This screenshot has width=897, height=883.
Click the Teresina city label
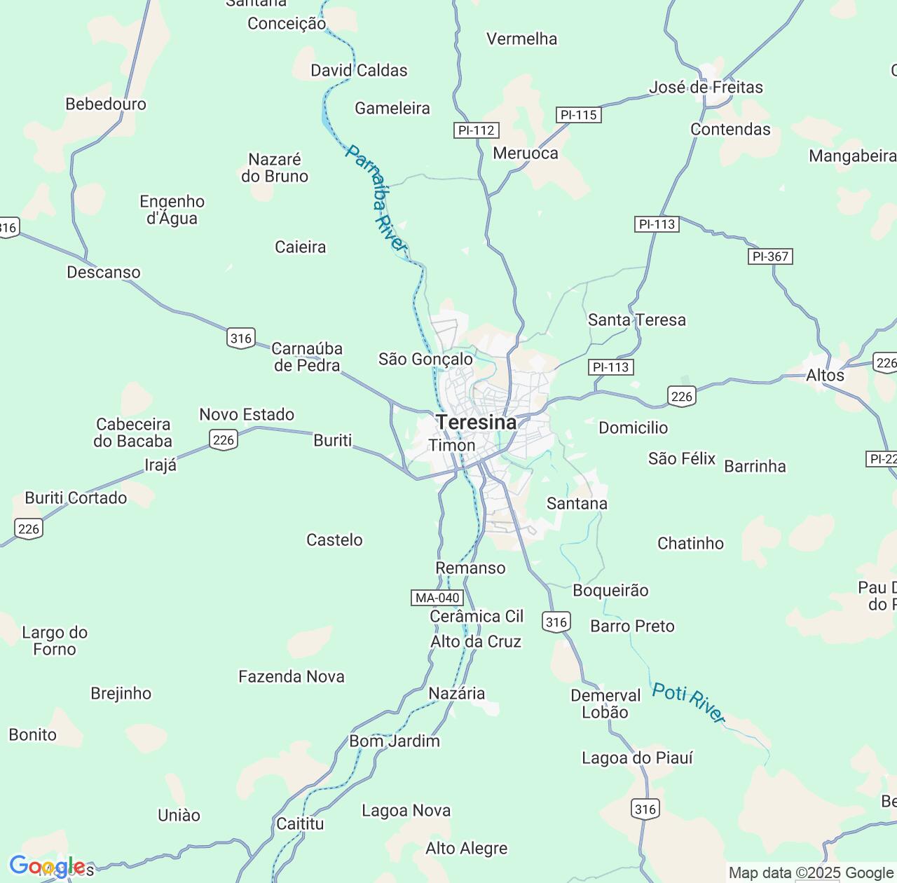coord(476,423)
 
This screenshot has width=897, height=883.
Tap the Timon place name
coord(452,446)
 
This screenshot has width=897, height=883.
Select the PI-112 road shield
coord(476,130)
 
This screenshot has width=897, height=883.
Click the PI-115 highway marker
coord(579,115)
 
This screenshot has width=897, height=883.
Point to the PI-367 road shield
coord(770,256)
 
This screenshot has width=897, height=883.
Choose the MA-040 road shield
coord(437,598)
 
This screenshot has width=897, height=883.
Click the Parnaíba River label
coord(376,198)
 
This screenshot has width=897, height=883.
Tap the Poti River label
coord(688,702)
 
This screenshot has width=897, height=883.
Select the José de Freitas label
coord(706,88)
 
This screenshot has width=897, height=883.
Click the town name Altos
coord(825,376)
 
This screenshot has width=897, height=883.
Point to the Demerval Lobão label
coord(605,704)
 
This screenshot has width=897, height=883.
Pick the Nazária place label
coord(456,693)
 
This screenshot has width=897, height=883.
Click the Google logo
coord(46,867)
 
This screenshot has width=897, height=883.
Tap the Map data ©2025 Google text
coord(811,872)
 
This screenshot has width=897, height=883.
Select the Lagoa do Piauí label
coord(637,758)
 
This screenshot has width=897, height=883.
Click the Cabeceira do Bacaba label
coord(133,432)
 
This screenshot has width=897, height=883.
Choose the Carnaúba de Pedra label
coord(307,357)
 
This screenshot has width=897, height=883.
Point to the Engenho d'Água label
coord(172,210)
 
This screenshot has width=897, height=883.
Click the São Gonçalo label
coord(425,359)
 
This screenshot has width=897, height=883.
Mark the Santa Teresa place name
coord(637,320)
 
